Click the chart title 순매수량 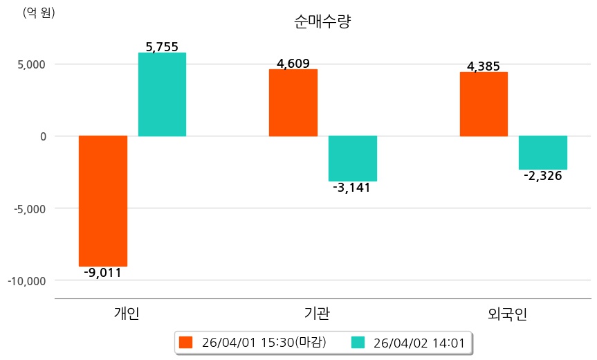(x=322, y=21)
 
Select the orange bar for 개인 (x=103, y=201)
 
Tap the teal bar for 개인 (x=162, y=94)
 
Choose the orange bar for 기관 (x=293, y=102)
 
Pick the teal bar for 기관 (x=352, y=159)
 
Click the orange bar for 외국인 (x=484, y=104)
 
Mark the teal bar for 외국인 (x=543, y=152)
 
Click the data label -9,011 (x=102, y=273)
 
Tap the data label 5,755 (x=162, y=47)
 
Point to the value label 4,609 (x=293, y=64)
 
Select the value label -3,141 (x=351, y=188)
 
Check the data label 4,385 (x=484, y=66)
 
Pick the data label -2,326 (x=543, y=176)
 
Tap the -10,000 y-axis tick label (x=27, y=280)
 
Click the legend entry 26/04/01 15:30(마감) (x=252, y=343)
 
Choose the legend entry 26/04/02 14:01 (x=410, y=343)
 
